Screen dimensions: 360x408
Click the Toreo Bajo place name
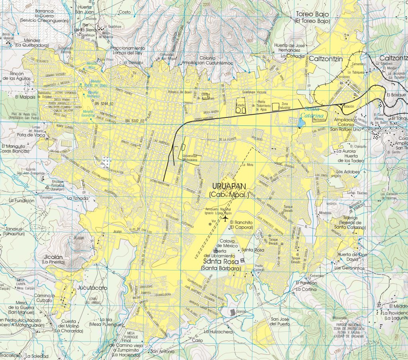coord(312,14)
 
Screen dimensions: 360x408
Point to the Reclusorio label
coord(320,119)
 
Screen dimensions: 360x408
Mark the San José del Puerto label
coord(279,321)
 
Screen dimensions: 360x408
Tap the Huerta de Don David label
coord(351,256)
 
